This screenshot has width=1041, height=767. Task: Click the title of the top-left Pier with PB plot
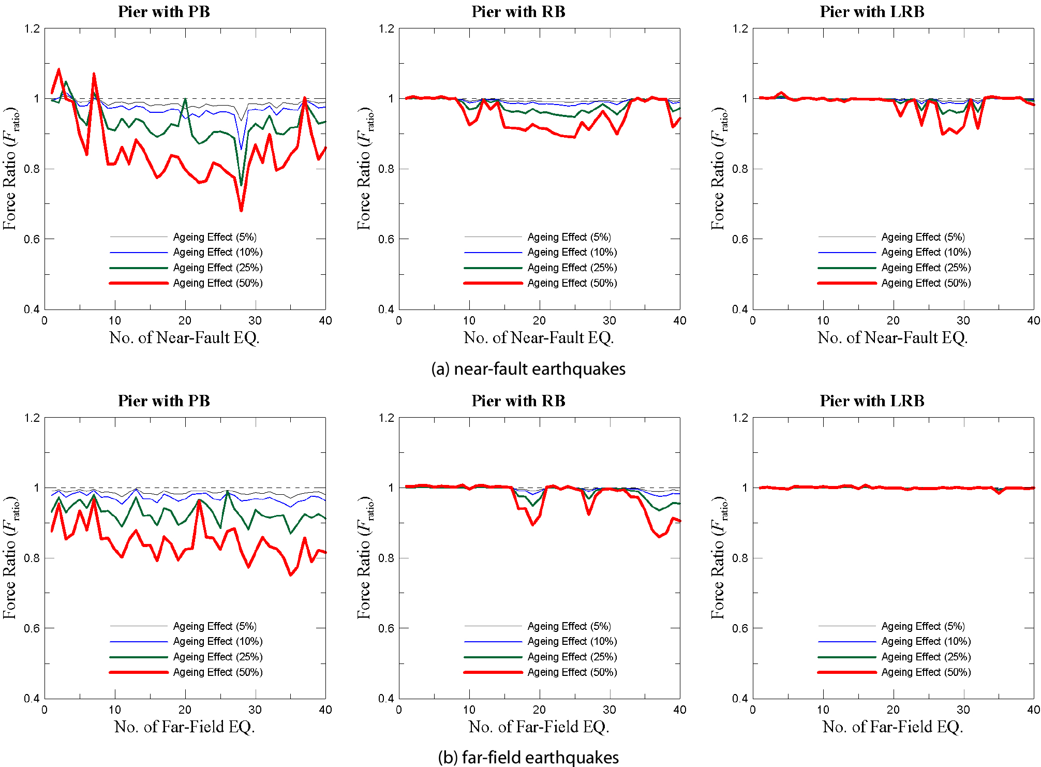point(164,12)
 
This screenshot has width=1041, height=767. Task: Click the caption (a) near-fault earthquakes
point(528,369)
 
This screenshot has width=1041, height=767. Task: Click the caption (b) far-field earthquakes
point(528,758)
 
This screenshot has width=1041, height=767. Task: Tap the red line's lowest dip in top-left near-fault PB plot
point(241,210)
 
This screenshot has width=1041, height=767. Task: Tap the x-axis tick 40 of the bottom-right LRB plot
point(1033,710)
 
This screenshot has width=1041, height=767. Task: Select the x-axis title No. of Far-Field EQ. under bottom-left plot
point(185,727)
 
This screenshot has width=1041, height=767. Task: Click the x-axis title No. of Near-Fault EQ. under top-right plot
point(893,338)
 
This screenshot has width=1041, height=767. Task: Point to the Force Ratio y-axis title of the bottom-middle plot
point(364,557)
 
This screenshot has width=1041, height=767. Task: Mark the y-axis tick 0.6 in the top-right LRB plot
point(740,239)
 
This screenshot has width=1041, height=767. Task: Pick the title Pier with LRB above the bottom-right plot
point(872,401)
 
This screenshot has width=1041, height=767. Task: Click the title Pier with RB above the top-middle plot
point(518,12)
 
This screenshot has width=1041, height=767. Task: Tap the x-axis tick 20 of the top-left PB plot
point(185,321)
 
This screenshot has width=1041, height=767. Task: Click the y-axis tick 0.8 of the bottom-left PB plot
point(32,558)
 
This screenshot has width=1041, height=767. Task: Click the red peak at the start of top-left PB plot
point(58,69)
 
